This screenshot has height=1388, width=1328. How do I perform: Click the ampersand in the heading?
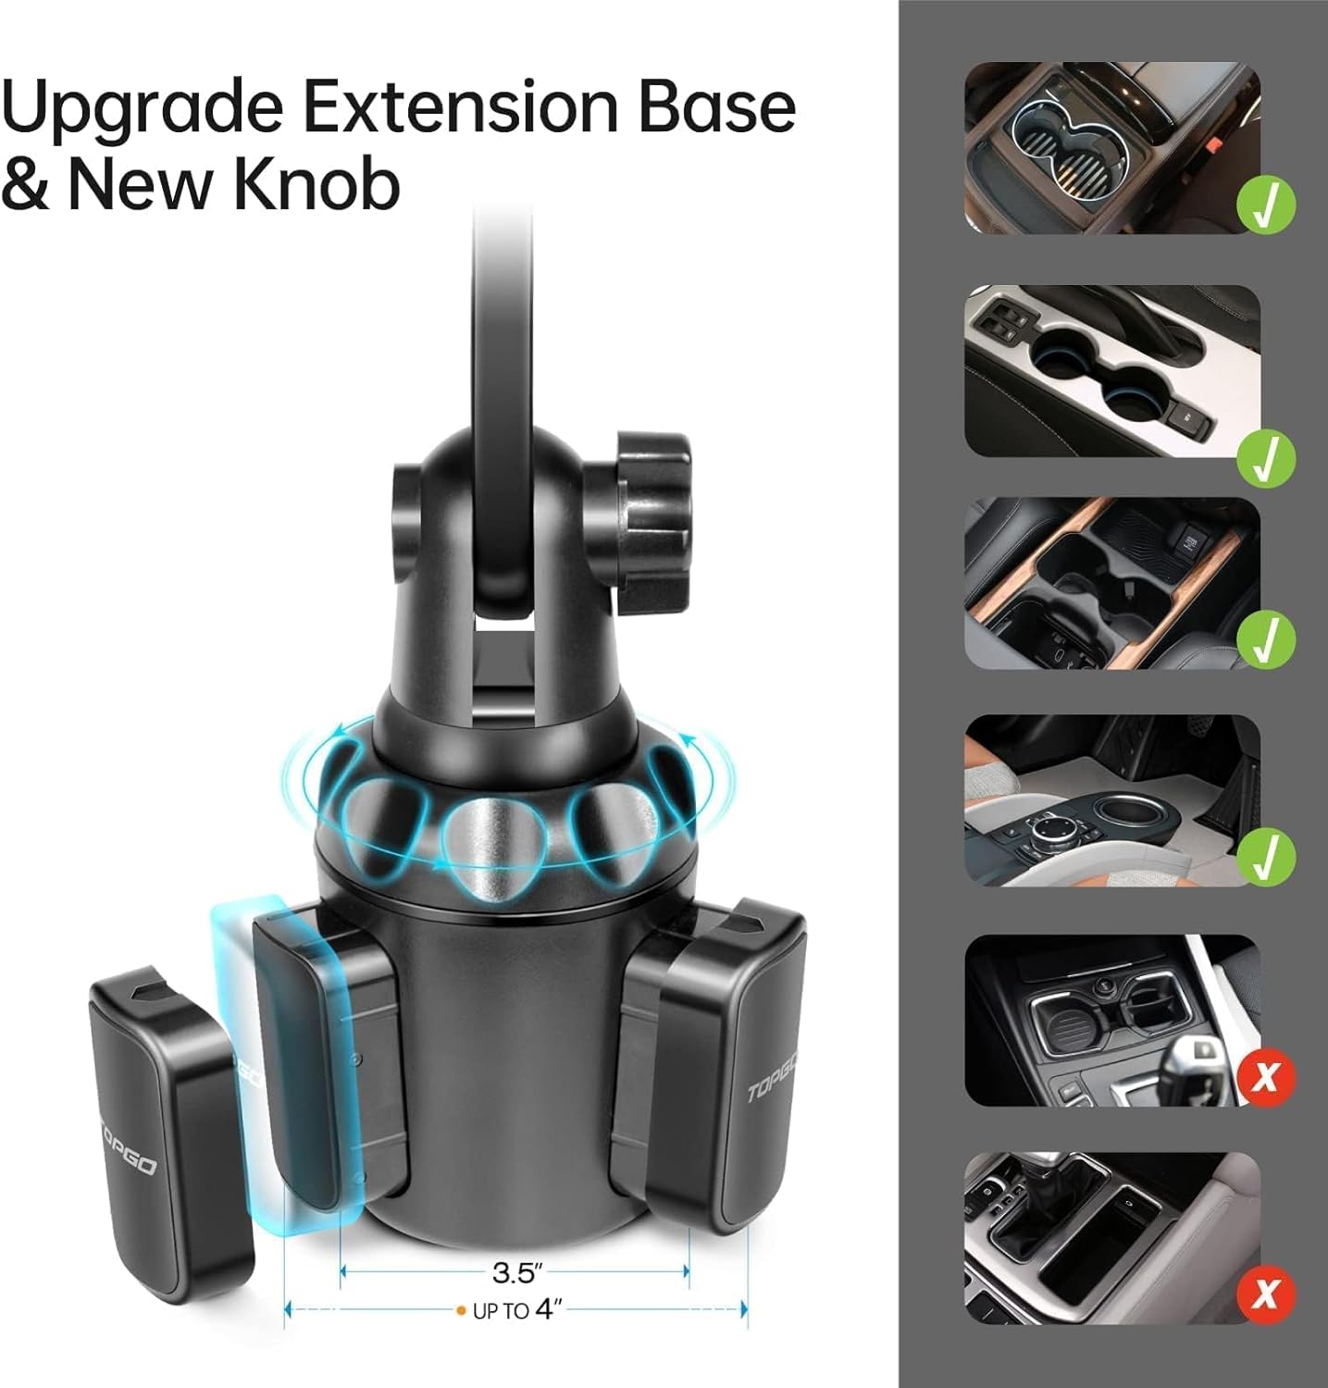(27, 183)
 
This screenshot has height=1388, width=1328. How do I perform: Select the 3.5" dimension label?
(515, 1272)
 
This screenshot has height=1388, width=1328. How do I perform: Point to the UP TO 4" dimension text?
(518, 1310)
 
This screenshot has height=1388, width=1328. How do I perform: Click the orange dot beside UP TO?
(461, 1311)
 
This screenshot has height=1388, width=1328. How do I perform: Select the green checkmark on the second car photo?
(1267, 457)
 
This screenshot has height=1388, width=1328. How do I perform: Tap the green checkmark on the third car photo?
(1267, 638)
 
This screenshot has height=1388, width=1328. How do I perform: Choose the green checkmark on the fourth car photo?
(1267, 857)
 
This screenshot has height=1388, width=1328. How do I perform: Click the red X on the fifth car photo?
(1267, 1076)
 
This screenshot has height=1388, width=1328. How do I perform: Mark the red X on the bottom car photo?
(1267, 1292)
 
